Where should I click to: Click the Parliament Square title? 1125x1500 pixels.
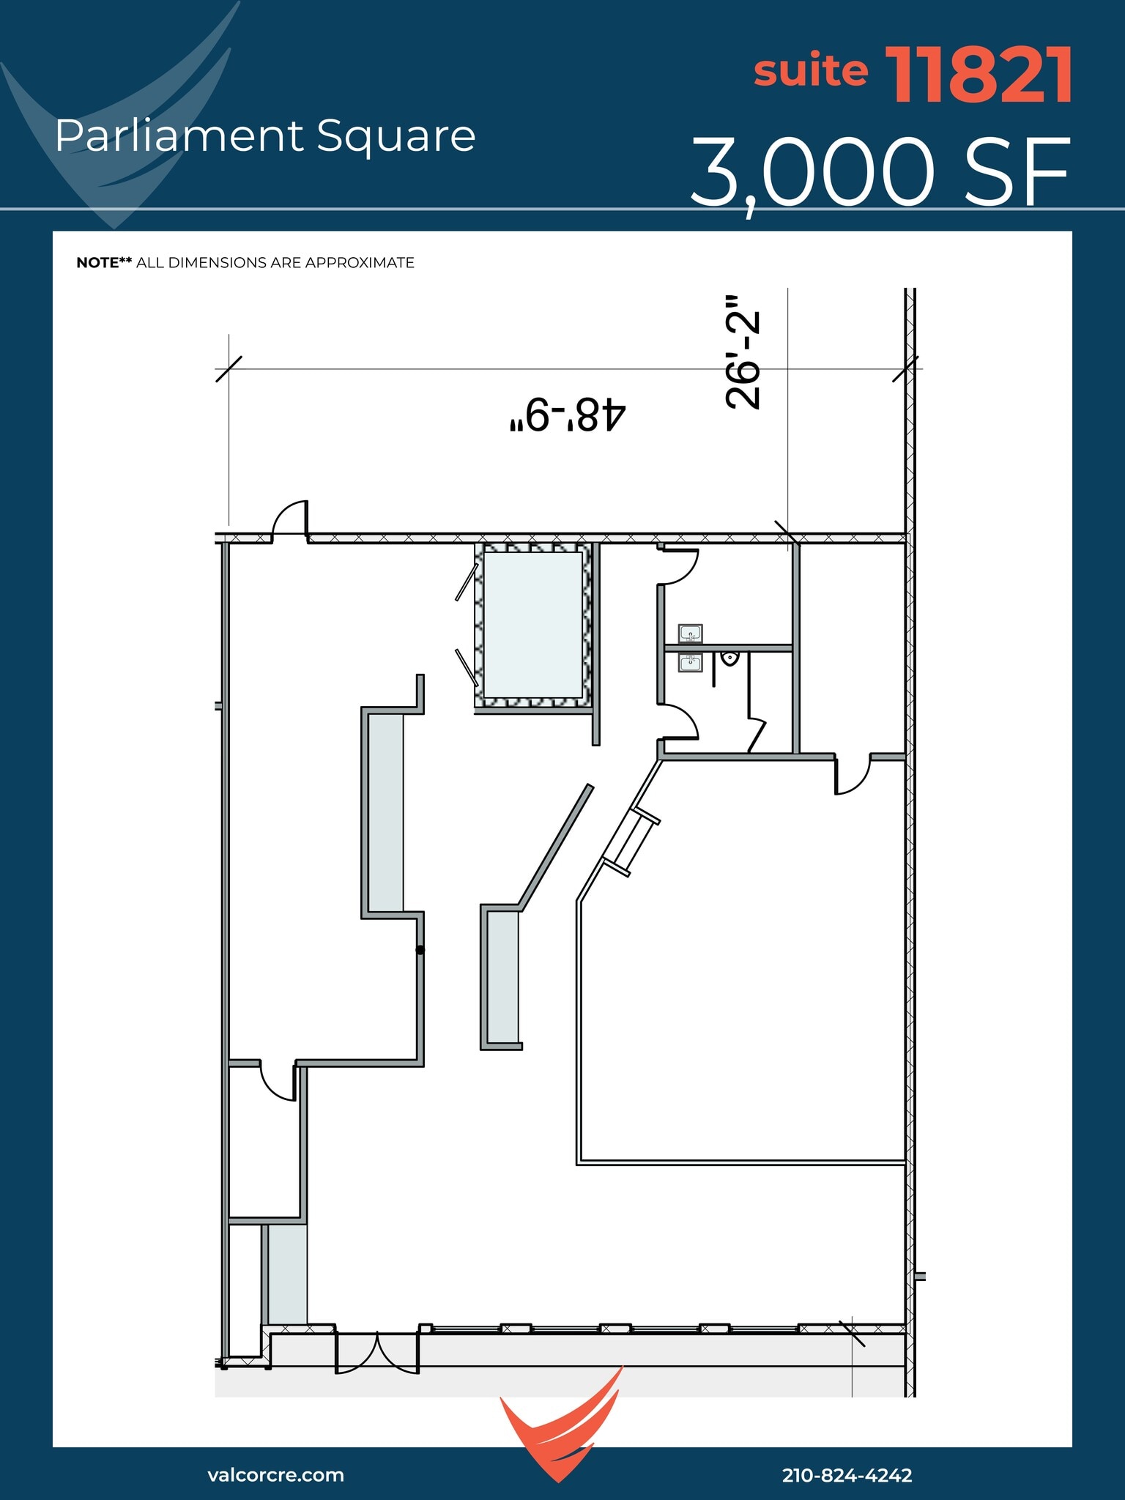point(265,136)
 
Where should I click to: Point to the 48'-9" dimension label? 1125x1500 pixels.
point(568,415)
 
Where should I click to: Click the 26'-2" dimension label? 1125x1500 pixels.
point(743,352)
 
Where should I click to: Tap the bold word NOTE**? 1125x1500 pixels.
point(104,263)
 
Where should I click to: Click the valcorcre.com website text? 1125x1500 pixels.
point(275,1474)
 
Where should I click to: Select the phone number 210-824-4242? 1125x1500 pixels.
point(847,1475)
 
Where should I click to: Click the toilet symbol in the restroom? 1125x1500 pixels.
point(729,658)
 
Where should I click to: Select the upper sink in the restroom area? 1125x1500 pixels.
point(690,633)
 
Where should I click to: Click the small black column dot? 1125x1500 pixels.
point(420,950)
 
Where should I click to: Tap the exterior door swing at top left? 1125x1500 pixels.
point(290,519)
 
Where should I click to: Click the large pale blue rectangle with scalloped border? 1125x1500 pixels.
point(532,625)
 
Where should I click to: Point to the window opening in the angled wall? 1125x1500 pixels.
point(631,841)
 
